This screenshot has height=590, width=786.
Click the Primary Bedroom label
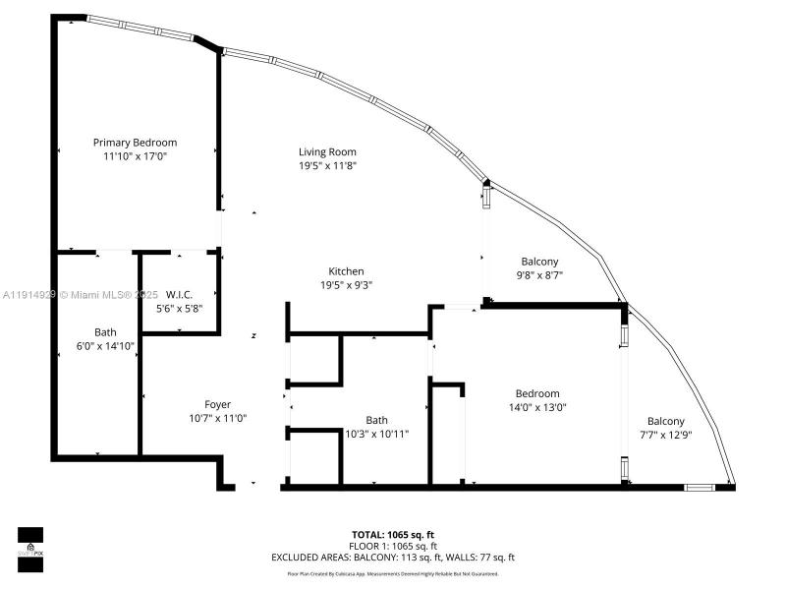click(x=135, y=143)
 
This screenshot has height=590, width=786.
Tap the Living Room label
click(x=327, y=151)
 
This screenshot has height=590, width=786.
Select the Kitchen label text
click(x=346, y=271)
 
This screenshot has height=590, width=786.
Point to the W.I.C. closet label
click(x=179, y=294)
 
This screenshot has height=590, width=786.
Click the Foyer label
click(x=217, y=404)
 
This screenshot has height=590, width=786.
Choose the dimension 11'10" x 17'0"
click(x=135, y=156)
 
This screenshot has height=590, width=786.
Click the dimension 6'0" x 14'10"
click(x=105, y=345)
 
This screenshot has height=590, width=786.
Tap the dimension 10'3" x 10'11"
click(x=376, y=434)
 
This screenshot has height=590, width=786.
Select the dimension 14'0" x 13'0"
click(x=537, y=407)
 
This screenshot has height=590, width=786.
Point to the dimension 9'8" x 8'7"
click(x=539, y=275)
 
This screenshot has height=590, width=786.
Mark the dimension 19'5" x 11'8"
click(x=327, y=165)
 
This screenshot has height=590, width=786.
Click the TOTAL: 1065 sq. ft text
click(x=393, y=534)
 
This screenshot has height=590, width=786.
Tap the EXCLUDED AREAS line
click(x=393, y=557)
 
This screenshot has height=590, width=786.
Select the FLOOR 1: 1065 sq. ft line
click(x=393, y=546)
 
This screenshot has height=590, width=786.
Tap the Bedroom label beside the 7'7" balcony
click(x=537, y=393)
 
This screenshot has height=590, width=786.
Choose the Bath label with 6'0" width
click(x=105, y=332)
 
